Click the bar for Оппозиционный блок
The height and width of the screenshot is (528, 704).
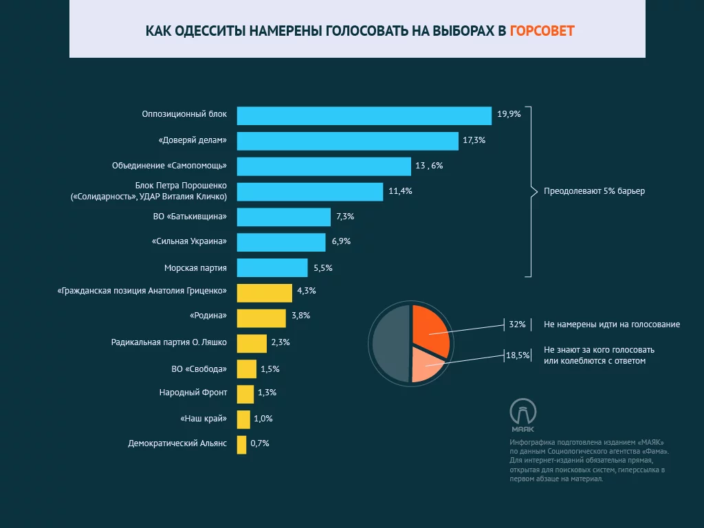click(364, 115)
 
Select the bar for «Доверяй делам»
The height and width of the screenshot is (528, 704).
click(347, 141)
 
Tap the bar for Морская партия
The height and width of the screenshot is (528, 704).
click(272, 267)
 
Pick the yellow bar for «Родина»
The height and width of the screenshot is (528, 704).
click(261, 318)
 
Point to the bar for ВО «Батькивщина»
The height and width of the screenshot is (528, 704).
click(283, 217)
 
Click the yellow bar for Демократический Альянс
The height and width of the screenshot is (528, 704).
click(241, 444)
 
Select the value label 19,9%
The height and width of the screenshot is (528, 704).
click(509, 115)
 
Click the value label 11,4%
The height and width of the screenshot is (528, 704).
click(400, 191)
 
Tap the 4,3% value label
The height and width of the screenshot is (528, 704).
click(306, 291)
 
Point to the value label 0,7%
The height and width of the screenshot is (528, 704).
click(260, 443)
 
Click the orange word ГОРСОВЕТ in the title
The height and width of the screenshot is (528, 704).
click(542, 31)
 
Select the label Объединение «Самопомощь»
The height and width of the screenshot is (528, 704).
click(169, 166)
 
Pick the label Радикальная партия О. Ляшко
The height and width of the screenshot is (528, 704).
click(168, 342)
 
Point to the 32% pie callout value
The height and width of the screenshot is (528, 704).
click(517, 324)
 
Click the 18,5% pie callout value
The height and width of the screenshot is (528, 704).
click(517, 355)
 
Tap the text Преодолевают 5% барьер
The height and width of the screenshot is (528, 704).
click(595, 191)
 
